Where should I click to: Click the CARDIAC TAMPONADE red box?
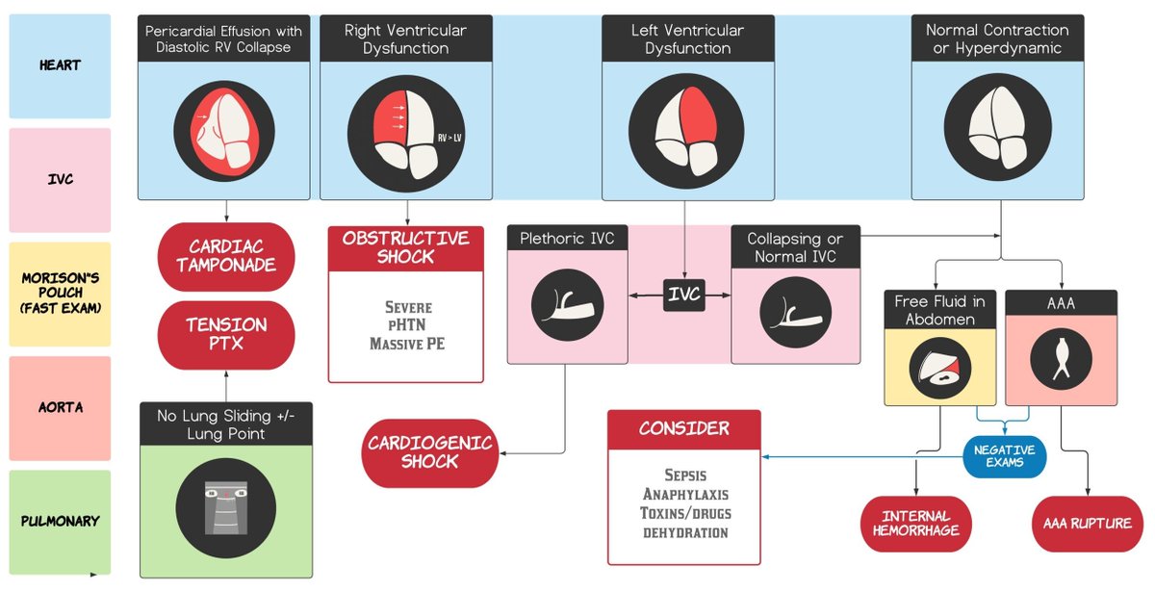[226, 257]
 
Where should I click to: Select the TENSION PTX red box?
[226, 334]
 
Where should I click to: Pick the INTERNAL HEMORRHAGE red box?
[915, 524]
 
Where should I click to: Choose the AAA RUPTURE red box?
[1088, 524]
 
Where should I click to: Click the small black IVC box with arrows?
[684, 295]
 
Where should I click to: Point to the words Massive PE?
[405, 343]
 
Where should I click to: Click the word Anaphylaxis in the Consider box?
[684, 494]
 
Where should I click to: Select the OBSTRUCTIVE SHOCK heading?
[405, 247]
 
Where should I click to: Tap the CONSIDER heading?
[683, 428]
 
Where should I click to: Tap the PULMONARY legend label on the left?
[60, 521]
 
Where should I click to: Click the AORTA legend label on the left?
[60, 407]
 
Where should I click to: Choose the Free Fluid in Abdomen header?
[938, 310]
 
